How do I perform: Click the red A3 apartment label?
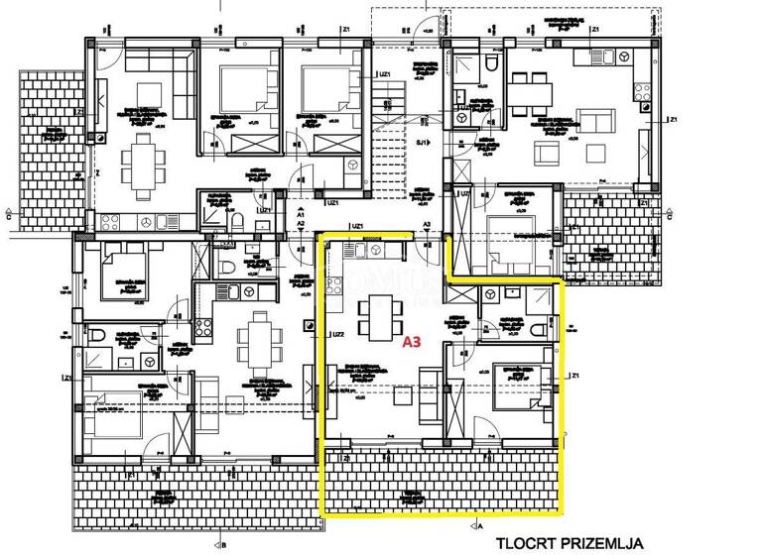tap(412, 344)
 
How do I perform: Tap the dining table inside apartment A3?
tap(376, 315)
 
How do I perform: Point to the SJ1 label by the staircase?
tap(421, 143)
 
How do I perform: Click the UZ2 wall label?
tap(338, 334)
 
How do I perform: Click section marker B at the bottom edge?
tap(224, 544)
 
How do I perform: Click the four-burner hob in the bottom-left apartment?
tap(205, 326)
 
